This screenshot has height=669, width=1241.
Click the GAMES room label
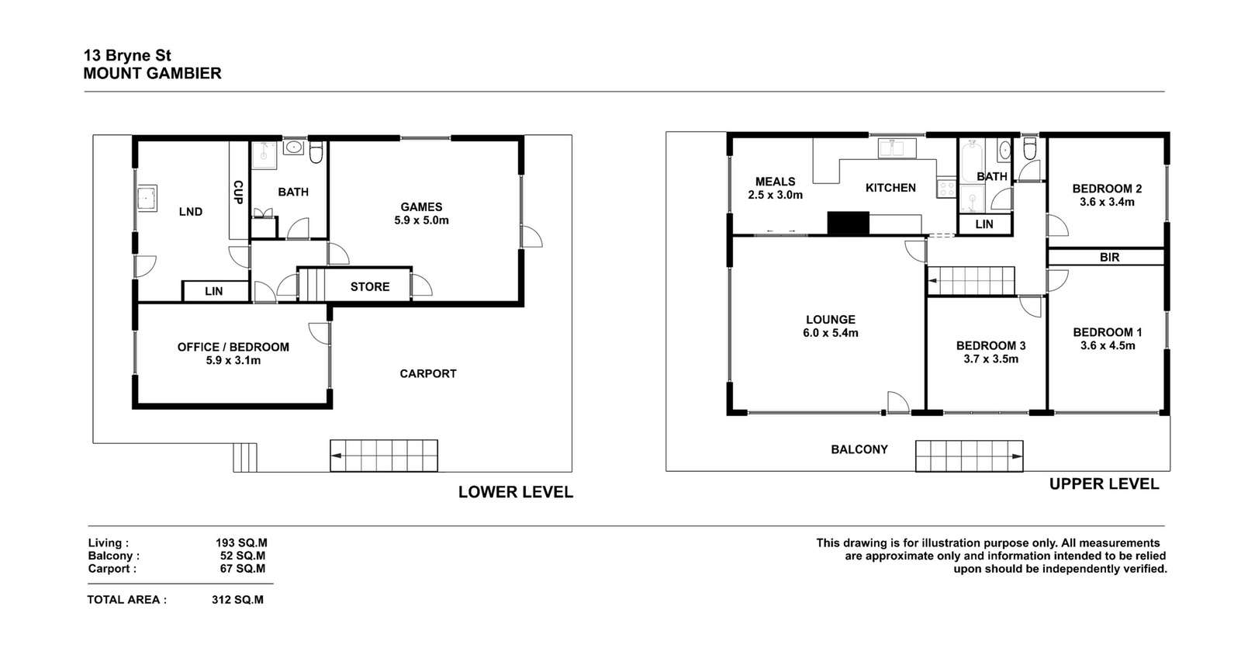(x=421, y=206)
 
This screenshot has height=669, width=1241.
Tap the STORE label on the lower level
(x=369, y=286)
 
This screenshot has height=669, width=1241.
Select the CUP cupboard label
(x=238, y=192)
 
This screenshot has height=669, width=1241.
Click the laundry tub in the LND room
(x=147, y=198)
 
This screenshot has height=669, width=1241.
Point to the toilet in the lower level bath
(x=316, y=152)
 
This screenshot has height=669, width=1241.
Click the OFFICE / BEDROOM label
(x=233, y=347)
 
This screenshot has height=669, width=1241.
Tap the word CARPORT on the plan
(x=428, y=373)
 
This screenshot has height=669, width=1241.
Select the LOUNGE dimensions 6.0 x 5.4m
(x=831, y=333)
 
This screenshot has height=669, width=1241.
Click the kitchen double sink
(x=897, y=148)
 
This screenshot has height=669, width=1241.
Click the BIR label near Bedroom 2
(x=1109, y=257)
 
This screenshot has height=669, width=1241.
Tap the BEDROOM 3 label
(x=990, y=346)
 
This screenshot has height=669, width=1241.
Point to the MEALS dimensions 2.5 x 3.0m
(x=775, y=195)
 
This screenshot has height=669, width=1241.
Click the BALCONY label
(x=859, y=449)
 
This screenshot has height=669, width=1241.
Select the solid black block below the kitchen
(x=849, y=223)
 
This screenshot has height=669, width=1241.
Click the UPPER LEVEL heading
(x=1104, y=484)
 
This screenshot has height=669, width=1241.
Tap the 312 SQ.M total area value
(x=237, y=600)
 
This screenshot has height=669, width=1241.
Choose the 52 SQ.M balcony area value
(x=243, y=556)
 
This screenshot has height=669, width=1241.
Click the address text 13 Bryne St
(x=127, y=55)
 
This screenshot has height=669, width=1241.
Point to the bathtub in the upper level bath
(x=973, y=161)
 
